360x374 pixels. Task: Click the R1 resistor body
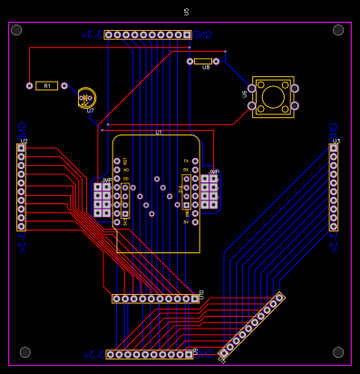pyautogui.click(x=46, y=86)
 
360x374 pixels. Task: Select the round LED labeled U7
pyautogui.click(x=86, y=97)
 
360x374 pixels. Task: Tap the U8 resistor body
pyautogui.click(x=203, y=61)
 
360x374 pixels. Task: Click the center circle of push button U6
pyautogui.click(x=273, y=97)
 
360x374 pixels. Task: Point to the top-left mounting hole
pyautogui.click(x=16, y=30)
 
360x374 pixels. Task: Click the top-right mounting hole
pyautogui.click(x=338, y=30)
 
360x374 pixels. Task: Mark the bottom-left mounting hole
pyautogui.click(x=25, y=352)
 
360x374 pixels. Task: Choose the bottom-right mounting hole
pyautogui.click(x=338, y=352)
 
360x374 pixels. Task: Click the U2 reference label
pyautogui.click(x=24, y=141)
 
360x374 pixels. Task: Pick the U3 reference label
pyautogui.click(x=336, y=141)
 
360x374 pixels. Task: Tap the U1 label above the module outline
pyautogui.click(x=159, y=133)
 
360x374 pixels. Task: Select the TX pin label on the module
pyautogui.click(x=186, y=161)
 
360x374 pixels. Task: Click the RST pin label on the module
pyautogui.click(x=126, y=162)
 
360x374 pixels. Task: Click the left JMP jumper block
pyautogui.click(x=102, y=200)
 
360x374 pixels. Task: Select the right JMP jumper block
pyautogui.click(x=209, y=192)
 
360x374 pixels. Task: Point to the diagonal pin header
pyautogui.click(x=251, y=324)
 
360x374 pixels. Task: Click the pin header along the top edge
pyautogui.click(x=148, y=34)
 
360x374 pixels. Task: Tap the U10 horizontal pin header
pyautogui.click(x=155, y=298)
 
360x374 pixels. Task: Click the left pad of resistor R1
pyautogui.click(x=29, y=86)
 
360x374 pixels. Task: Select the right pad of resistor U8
pyautogui.click(x=216, y=61)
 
